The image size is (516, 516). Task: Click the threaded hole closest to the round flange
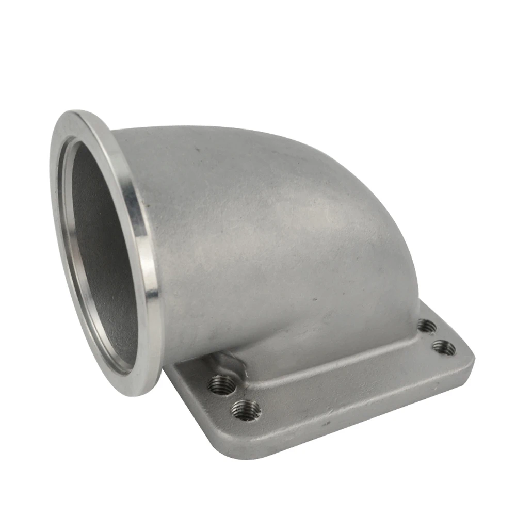[221, 384]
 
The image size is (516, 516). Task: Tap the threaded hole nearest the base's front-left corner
[246, 410]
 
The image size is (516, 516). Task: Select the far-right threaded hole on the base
[444, 347]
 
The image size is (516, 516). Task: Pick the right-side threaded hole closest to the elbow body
[426, 326]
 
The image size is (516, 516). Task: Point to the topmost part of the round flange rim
[77, 112]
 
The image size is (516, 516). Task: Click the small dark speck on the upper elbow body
[196, 151]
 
